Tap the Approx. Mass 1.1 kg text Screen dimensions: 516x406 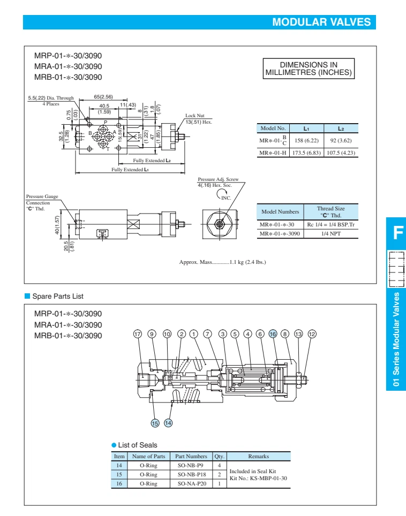click(x=223, y=262)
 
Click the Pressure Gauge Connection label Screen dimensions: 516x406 click(x=42, y=200)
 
